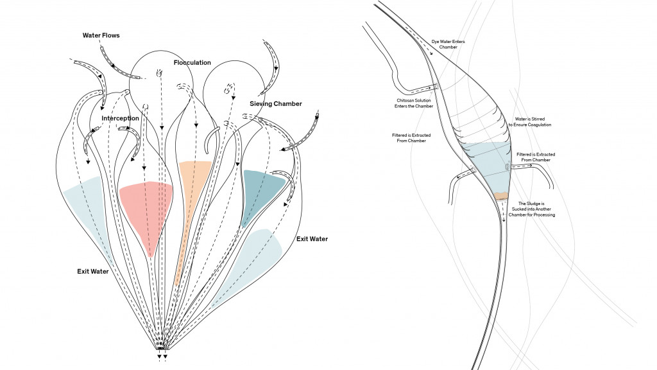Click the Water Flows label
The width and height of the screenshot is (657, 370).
pos(101,35)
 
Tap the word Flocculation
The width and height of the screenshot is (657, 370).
pos(192,62)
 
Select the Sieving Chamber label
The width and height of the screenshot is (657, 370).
pos(275,103)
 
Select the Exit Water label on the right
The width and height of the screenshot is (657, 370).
pos(312,239)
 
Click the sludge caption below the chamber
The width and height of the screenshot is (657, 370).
pos(533,209)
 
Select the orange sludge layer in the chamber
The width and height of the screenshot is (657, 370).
pos(501,195)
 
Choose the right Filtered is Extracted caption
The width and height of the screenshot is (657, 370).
pos(536,157)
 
